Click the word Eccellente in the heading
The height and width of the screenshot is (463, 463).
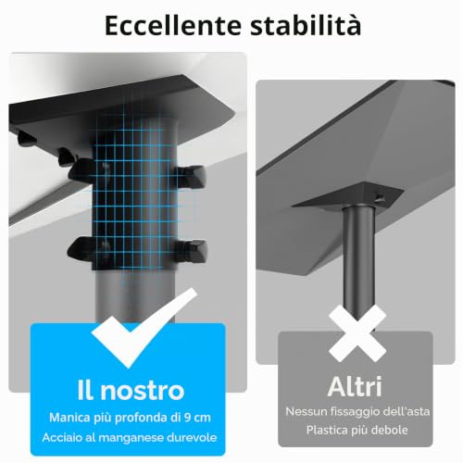[x=173, y=25]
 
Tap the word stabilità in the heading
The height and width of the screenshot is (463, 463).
[x=306, y=24]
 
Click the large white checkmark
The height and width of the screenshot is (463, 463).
[x=144, y=328]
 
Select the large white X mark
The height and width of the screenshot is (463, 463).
[x=357, y=333]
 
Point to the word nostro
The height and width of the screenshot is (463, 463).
[x=143, y=391]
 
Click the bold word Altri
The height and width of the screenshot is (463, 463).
[x=355, y=386]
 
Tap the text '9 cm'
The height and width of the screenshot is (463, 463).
[x=197, y=418]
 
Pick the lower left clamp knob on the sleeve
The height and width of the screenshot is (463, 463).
[x=81, y=249]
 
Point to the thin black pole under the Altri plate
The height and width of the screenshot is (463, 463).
[x=359, y=262]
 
